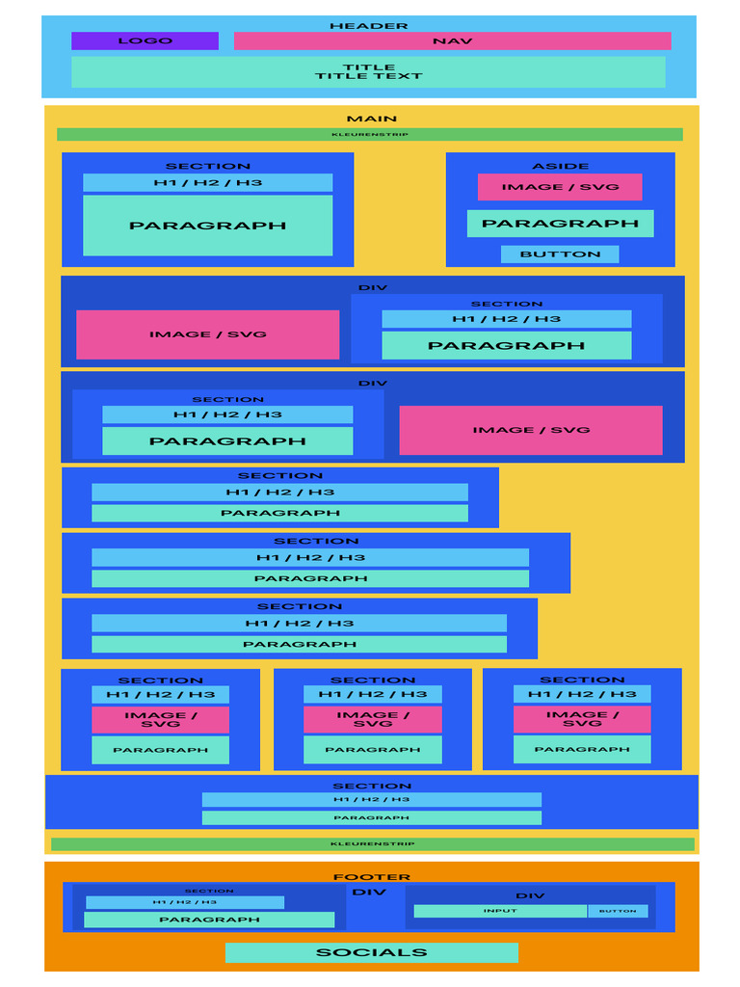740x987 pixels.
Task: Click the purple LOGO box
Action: pos(145,40)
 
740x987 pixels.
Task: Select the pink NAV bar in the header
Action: pos(452,40)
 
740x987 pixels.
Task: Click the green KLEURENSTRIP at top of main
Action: pos(369,134)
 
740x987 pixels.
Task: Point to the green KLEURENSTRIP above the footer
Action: pos(372,843)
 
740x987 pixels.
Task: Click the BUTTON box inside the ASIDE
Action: pos(560,254)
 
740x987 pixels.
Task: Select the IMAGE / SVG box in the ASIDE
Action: pos(560,187)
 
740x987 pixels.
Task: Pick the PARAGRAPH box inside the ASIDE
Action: pos(560,223)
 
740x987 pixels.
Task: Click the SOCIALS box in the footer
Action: pos(371,952)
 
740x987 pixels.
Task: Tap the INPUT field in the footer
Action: pos(500,911)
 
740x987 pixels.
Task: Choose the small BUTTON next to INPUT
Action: pos(618,911)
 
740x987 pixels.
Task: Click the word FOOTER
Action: pos(371,877)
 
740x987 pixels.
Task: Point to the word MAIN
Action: pos(371,119)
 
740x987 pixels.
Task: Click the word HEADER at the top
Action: pos(368,26)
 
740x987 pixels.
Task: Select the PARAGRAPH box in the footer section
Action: pos(209,920)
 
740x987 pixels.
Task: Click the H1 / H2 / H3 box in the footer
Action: pos(184,902)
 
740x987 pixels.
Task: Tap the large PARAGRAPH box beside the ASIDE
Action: pos(207,226)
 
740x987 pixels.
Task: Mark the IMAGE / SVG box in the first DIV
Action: pos(207,334)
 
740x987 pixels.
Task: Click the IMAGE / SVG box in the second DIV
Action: pos(530,430)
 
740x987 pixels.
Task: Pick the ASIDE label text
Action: pos(560,166)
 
